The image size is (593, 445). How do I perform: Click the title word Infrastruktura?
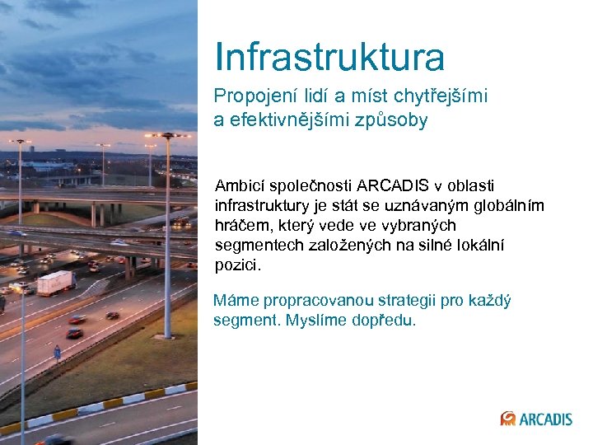329,57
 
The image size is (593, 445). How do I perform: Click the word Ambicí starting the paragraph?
243,185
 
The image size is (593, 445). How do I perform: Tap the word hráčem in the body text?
242,225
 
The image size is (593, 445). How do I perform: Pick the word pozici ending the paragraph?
236,265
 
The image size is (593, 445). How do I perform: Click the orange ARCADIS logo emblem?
508,419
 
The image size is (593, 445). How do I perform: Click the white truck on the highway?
55,283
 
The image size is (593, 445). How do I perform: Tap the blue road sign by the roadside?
57,351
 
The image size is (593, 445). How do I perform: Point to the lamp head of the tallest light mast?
167,135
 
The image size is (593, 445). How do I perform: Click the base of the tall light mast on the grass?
167,334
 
